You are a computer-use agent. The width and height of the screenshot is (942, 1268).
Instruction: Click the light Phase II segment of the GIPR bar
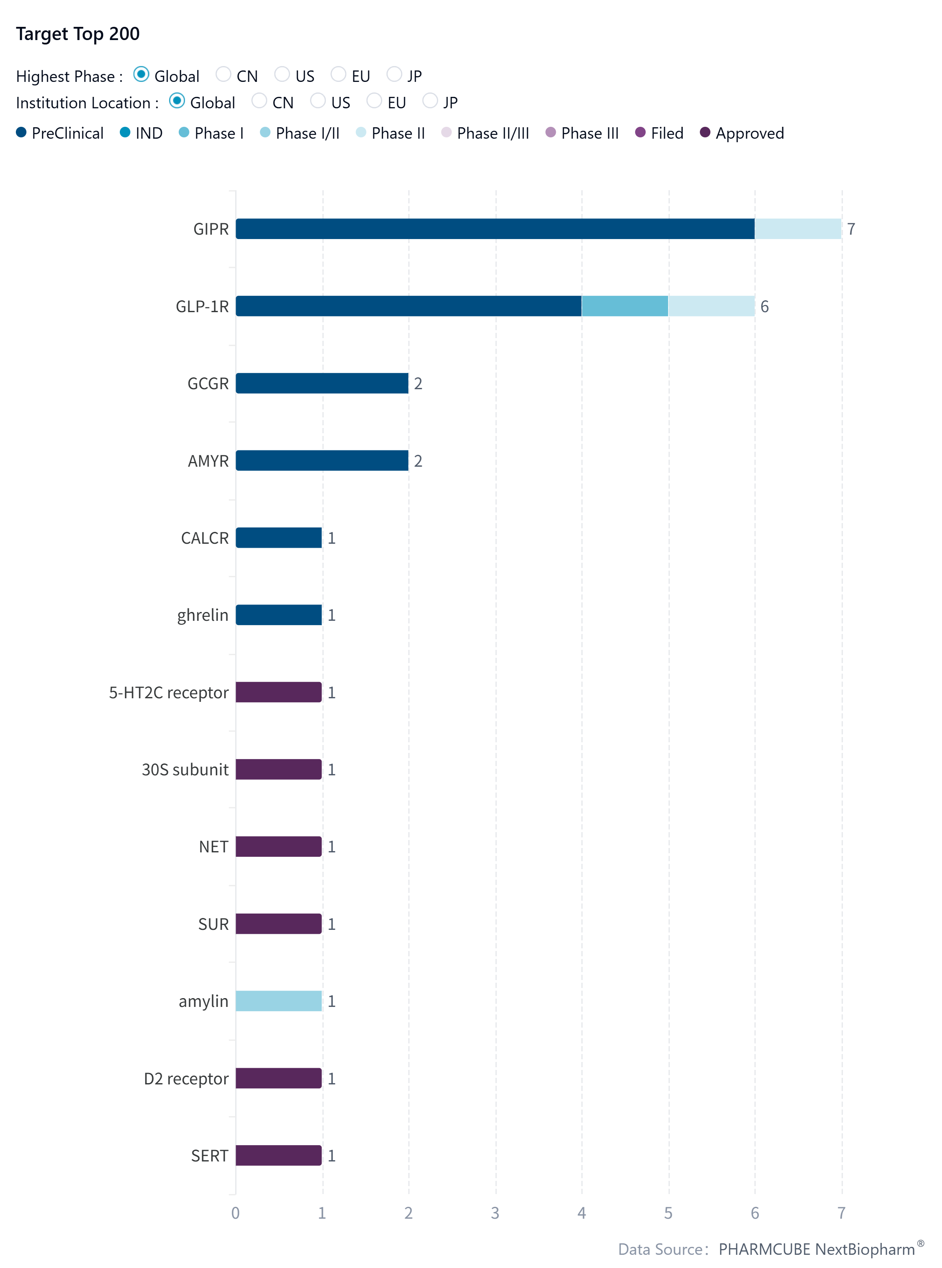click(797, 229)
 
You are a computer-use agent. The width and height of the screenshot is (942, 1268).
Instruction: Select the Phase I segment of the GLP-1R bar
click(624, 306)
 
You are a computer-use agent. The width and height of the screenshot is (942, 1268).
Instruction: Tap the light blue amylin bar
click(279, 1001)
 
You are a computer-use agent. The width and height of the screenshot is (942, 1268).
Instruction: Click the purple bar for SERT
click(279, 1155)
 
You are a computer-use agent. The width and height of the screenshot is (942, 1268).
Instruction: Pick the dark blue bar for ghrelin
click(279, 615)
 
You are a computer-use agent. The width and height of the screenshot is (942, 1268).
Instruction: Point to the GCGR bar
click(322, 383)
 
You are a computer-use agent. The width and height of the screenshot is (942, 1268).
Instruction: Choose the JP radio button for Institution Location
click(430, 101)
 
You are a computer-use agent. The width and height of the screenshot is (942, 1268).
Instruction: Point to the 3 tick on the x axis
click(495, 1213)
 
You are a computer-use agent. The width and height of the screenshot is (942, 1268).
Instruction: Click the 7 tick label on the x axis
click(841, 1213)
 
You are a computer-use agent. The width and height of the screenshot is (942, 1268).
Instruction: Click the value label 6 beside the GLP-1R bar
click(765, 307)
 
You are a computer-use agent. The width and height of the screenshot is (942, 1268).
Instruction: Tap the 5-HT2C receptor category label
click(169, 693)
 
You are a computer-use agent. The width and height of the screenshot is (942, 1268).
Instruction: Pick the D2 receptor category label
click(186, 1079)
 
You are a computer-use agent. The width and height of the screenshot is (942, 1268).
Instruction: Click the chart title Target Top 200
click(78, 33)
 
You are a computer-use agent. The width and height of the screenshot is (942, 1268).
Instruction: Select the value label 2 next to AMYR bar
click(418, 461)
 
